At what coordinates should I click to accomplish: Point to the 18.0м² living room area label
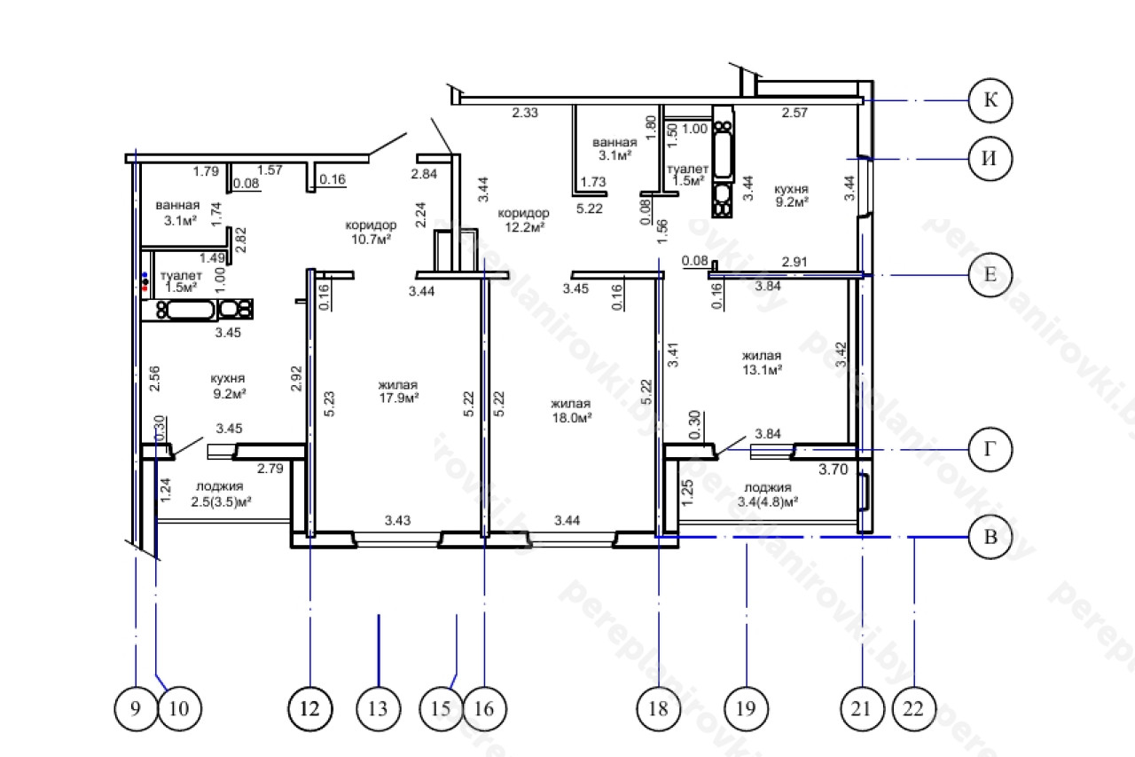pyautogui.click(x=572, y=411)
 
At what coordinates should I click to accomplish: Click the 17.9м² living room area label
pyautogui.click(x=399, y=391)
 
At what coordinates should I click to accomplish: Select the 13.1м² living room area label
pyautogui.click(x=762, y=363)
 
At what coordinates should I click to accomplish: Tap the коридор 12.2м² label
pyautogui.click(x=524, y=220)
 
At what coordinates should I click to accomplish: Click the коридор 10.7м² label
pyautogui.click(x=371, y=233)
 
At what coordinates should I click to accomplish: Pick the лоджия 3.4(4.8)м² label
pyautogui.click(x=768, y=495)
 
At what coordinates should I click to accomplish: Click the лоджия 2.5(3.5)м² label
pyautogui.click(x=221, y=493)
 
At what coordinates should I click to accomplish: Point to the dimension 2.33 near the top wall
pyautogui.click(x=525, y=113)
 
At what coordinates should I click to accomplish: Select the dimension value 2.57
pyautogui.click(x=794, y=113)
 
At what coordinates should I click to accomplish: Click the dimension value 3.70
pyautogui.click(x=834, y=469)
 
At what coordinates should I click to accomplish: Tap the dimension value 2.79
pyautogui.click(x=270, y=469)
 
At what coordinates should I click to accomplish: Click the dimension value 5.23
pyautogui.click(x=329, y=404)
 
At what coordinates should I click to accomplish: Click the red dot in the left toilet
pyautogui.click(x=145, y=288)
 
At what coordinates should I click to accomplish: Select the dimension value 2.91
pyautogui.click(x=794, y=262)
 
